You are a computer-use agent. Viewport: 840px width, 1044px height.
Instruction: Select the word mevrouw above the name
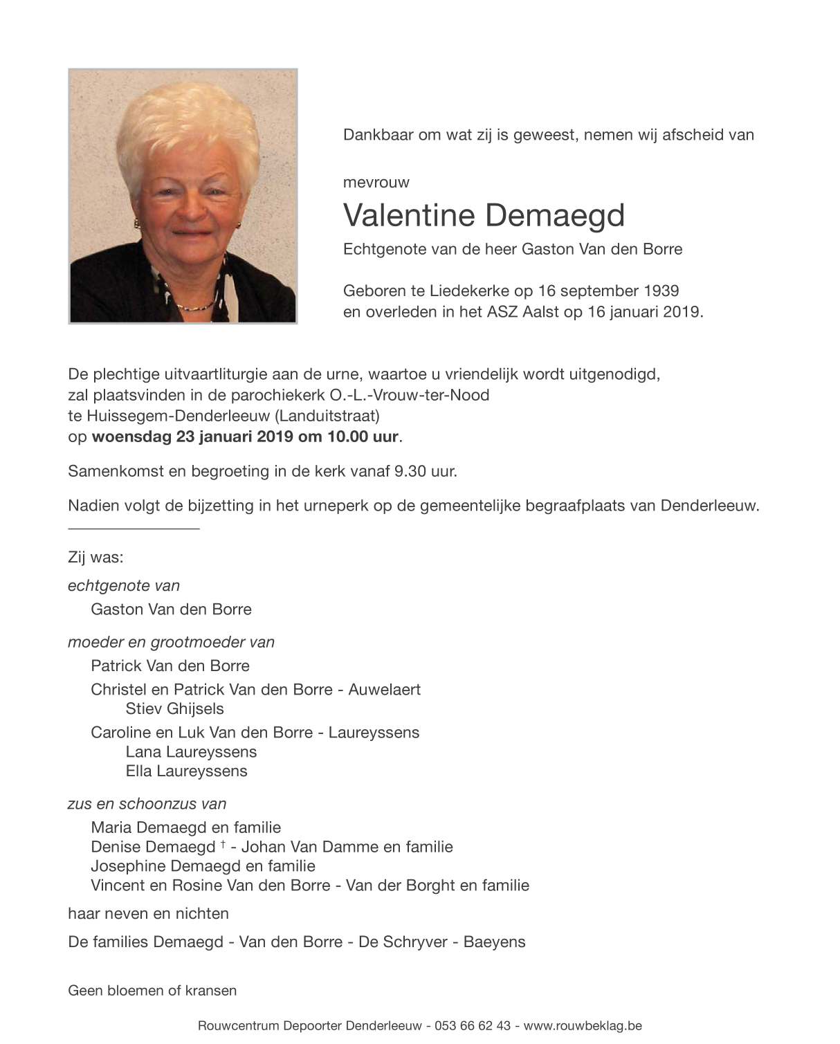[x=376, y=183]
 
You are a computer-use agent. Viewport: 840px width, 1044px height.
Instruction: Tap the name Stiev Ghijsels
[x=174, y=708]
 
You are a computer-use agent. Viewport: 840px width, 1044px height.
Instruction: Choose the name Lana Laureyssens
[x=191, y=751]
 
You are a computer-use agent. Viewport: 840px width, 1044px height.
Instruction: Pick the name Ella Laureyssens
[x=186, y=771]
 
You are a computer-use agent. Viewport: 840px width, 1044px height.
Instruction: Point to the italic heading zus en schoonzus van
[x=147, y=803]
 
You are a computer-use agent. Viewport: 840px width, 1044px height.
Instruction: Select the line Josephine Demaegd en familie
[x=203, y=866]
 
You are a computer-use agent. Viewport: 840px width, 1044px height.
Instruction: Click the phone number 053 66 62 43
[x=473, y=1025]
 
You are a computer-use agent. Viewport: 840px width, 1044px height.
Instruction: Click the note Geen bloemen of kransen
[x=152, y=990]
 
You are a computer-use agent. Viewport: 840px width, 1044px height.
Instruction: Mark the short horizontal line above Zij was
[x=134, y=529]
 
